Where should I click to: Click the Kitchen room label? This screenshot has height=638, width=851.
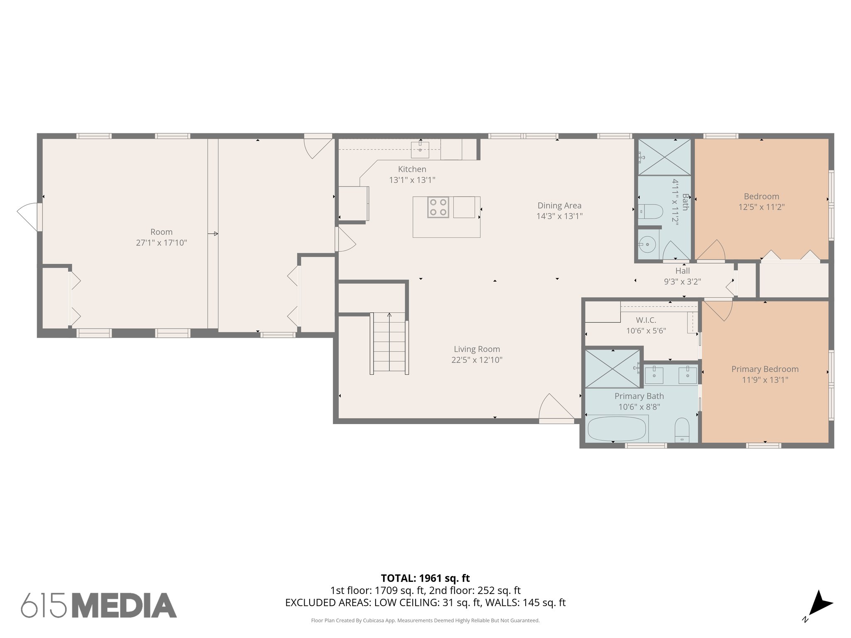412,169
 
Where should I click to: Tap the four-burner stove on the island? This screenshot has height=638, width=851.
438,207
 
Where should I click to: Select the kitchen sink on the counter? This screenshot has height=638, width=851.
420,150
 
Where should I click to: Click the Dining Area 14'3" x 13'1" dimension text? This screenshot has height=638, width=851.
559,216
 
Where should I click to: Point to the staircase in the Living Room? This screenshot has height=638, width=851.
389,343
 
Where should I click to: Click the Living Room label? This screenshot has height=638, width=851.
477,349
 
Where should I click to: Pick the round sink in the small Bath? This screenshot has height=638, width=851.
647,244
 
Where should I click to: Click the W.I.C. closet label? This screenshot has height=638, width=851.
646,320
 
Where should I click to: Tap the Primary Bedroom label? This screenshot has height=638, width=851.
765,369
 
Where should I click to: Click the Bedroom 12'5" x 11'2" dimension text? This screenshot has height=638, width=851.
761,207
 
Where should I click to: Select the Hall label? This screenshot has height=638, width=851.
682,271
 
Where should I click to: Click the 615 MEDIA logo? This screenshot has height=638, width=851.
99,605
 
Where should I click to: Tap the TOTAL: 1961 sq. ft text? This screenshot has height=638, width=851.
425,578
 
